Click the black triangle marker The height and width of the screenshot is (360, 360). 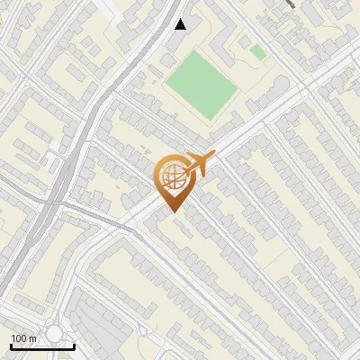coord(181,24)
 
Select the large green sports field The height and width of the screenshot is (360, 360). coord(200,85)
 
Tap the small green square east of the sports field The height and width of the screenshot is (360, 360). coord(258,53)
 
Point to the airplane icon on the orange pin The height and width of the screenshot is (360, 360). coord(198,165)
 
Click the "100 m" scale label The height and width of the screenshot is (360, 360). coord(23,338)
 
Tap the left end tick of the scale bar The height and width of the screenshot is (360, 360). coord(12,345)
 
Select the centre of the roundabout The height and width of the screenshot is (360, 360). coord(55,334)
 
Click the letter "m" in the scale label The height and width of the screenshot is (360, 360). coord(32,338)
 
